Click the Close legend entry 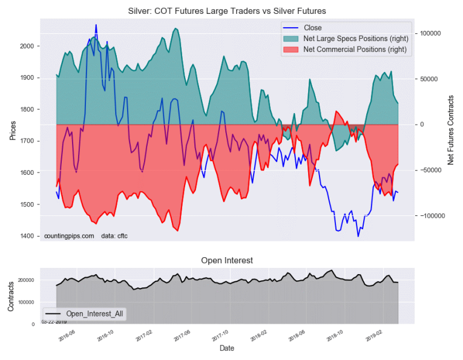(x=313, y=27)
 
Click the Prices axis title (x=13, y=129)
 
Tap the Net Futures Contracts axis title (x=450, y=129)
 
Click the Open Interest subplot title (x=226, y=260)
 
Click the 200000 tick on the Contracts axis (x=27, y=281)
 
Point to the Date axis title (x=226, y=349)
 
